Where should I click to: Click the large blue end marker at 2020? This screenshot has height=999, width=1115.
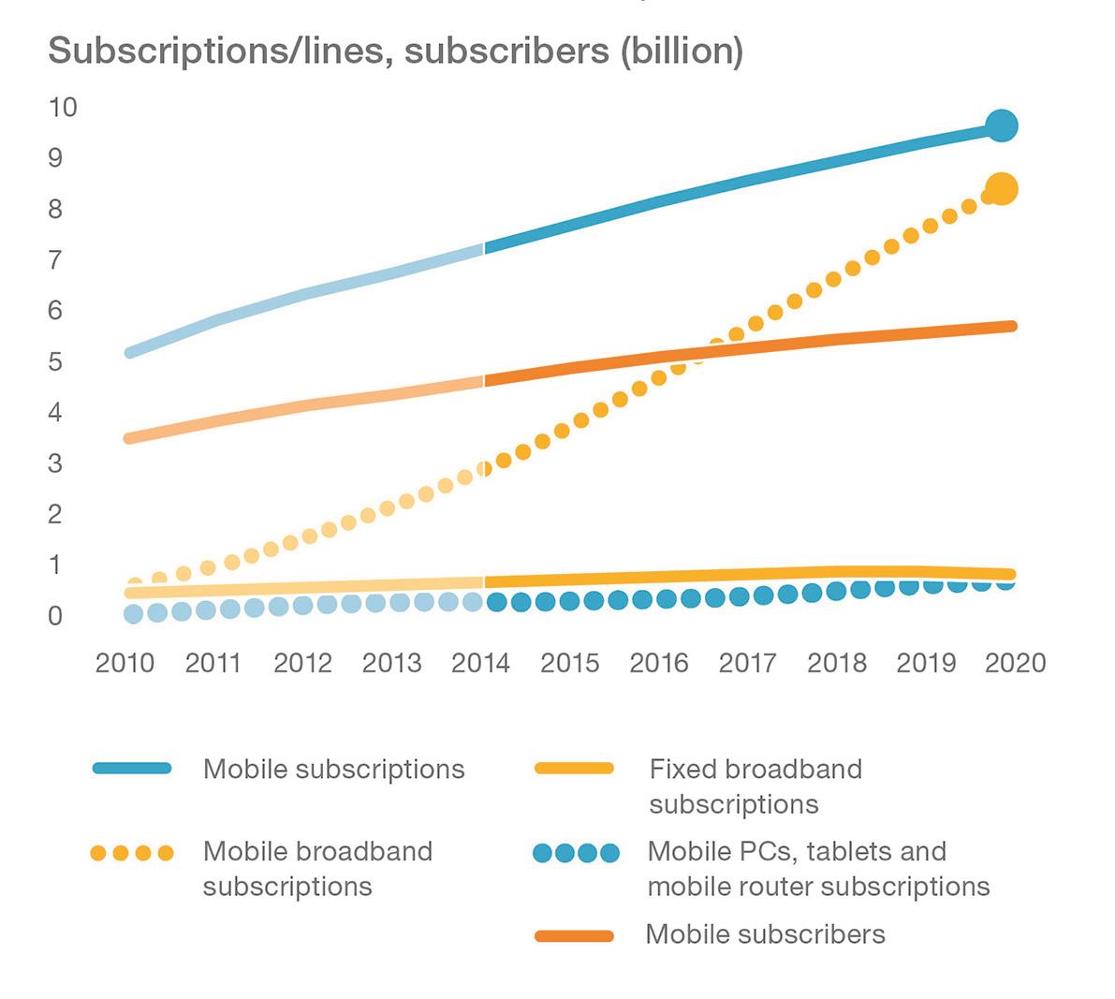point(1001,125)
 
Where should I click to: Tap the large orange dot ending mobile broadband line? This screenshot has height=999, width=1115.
point(1001,189)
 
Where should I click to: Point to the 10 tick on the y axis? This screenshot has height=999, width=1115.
point(63,107)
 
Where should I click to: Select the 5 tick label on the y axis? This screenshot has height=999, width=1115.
point(55,361)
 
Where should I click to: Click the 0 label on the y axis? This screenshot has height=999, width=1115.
point(55,616)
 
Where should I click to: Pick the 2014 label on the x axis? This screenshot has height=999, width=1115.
point(480,663)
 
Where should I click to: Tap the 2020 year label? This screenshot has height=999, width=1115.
point(1015,663)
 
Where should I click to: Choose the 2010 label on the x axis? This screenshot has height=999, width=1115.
point(125,663)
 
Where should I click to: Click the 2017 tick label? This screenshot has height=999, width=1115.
point(747,663)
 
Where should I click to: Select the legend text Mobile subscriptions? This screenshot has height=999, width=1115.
point(333,770)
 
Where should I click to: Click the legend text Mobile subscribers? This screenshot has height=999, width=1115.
point(765,934)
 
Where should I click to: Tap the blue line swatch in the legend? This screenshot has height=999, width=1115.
point(132,769)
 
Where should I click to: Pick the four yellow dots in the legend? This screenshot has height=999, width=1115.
point(132,853)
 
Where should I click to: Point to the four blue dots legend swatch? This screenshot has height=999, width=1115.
point(576,853)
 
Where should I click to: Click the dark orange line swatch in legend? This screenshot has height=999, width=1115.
point(573,935)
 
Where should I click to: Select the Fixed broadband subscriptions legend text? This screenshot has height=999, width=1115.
point(755,786)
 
